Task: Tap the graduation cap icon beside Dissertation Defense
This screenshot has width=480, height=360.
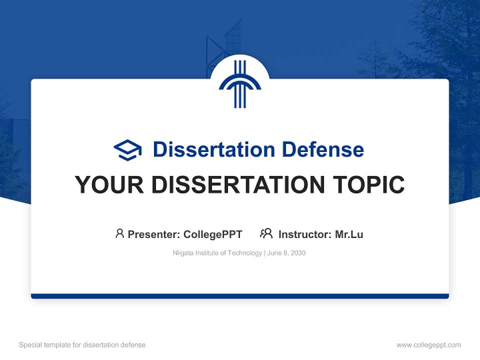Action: [x=127, y=150]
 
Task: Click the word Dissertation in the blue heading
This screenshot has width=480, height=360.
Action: [x=214, y=149]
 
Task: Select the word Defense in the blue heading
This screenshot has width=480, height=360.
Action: [x=323, y=149]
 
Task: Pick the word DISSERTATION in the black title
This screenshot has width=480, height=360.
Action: [x=238, y=184]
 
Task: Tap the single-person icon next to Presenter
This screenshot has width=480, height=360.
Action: [x=119, y=233]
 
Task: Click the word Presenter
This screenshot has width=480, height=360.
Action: [x=153, y=234]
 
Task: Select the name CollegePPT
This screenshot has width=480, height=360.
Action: [x=213, y=234]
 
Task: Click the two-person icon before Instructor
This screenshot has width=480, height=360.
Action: [x=266, y=233]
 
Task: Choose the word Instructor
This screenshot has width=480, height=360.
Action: [x=305, y=234]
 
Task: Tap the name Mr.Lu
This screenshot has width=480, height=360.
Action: [x=349, y=234]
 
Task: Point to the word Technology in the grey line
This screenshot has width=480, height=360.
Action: [x=244, y=253]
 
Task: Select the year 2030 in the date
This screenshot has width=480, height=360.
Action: [x=298, y=253]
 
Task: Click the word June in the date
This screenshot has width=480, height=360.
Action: [x=274, y=253]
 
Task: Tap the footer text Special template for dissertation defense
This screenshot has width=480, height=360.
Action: [x=82, y=345]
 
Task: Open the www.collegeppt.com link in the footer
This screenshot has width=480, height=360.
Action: [x=428, y=345]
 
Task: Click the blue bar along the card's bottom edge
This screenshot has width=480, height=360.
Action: [x=240, y=296]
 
